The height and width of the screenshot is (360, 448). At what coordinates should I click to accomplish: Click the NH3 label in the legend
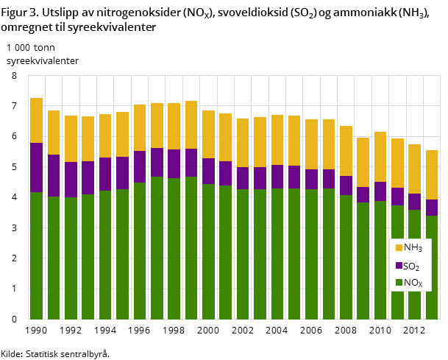coord(413,248)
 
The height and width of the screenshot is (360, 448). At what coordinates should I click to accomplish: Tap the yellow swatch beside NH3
coord(399,248)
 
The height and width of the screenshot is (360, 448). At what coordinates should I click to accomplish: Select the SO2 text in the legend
coord(411,267)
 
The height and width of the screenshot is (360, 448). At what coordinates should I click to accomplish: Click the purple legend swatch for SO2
coord(399,266)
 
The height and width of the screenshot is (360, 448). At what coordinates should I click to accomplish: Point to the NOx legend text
coord(413,283)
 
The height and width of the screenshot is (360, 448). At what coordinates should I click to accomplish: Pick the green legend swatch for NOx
coord(399,283)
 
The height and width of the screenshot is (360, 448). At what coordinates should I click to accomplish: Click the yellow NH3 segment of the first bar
coord(36,120)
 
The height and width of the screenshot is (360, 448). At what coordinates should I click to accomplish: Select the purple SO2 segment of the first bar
coord(36,167)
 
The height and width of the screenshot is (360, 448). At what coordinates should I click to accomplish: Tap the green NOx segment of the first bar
coord(36,255)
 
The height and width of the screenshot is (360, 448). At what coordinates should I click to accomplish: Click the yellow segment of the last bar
coord(432,174)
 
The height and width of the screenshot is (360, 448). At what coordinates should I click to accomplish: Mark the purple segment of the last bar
coord(432,207)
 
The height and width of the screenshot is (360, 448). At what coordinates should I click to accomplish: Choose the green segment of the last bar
coord(432,267)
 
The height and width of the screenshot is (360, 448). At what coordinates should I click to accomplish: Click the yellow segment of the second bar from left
coord(54,133)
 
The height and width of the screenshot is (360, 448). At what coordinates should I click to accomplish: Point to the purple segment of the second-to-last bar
coord(415,202)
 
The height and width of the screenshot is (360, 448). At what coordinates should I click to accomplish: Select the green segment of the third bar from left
coord(71,258)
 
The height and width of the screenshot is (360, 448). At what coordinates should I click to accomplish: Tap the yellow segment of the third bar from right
coord(397,163)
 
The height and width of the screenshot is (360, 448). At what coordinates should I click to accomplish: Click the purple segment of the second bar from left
coord(54,175)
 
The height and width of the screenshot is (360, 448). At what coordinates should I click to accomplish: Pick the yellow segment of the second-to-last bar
coord(415,169)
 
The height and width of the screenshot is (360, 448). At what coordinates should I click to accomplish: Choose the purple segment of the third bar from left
coord(71,179)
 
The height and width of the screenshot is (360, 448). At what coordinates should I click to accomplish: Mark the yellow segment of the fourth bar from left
coord(88,138)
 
